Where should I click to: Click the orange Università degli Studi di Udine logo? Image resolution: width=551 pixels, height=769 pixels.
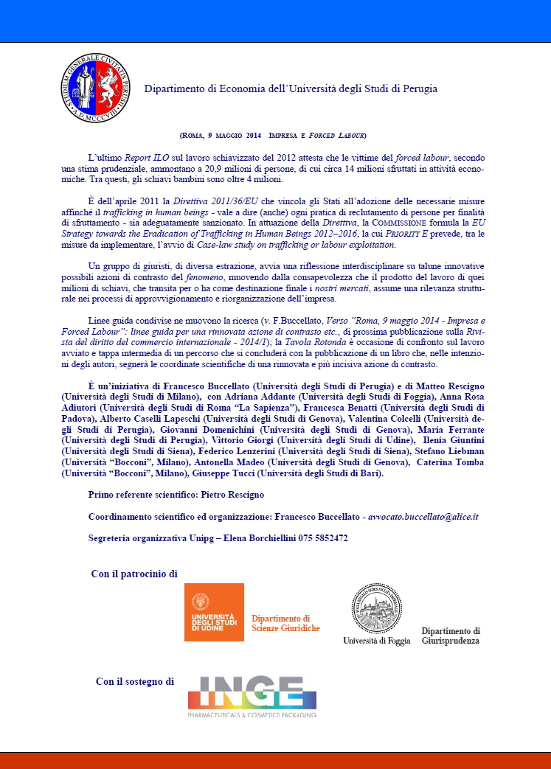214,612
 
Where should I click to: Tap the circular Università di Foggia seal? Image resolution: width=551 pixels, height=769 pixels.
376,608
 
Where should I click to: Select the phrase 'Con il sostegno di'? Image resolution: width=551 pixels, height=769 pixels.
134,681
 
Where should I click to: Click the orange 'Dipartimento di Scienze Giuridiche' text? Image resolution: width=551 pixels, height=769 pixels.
285,623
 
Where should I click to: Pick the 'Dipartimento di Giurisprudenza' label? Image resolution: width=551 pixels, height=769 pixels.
451,636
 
